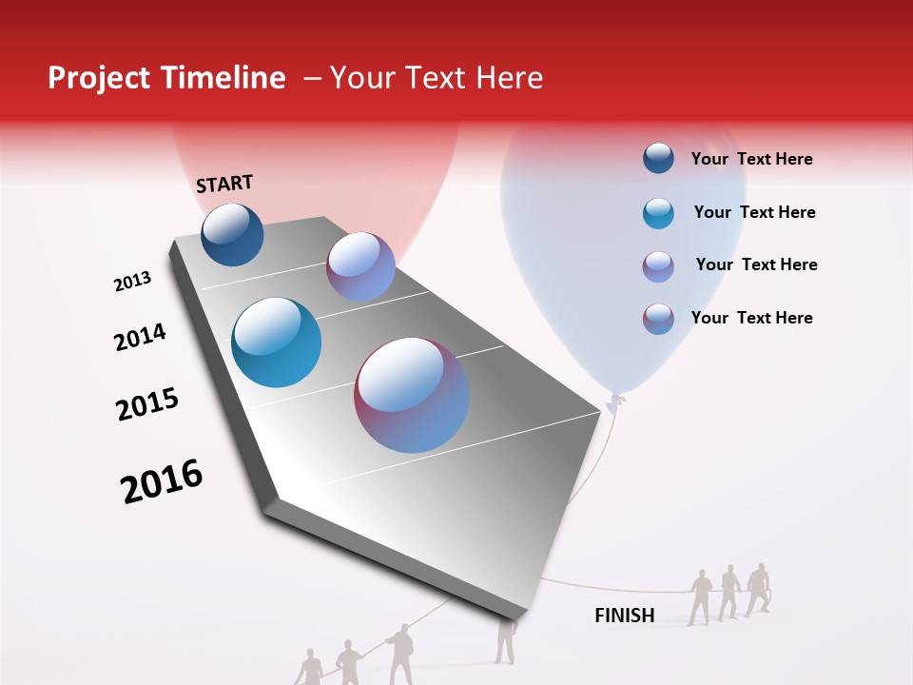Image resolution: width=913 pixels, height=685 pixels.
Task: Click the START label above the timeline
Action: click(x=224, y=184)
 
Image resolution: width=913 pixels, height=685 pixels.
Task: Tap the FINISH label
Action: click(x=625, y=616)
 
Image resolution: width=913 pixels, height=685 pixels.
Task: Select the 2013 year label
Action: click(x=132, y=282)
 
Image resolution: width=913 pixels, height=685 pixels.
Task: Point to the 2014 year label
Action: click(x=140, y=337)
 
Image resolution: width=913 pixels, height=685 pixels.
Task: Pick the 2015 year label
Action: click(x=147, y=403)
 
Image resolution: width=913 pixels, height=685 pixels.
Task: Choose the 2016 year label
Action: click(x=162, y=481)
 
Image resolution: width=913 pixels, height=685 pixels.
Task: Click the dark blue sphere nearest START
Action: click(x=232, y=234)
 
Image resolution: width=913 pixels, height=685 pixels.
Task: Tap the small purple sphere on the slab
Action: click(x=360, y=266)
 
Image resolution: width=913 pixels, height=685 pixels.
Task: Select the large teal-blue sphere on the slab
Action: click(x=276, y=342)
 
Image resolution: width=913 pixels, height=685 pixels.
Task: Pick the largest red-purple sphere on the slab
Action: click(x=412, y=395)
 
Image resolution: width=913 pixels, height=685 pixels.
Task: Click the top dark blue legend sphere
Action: click(x=658, y=159)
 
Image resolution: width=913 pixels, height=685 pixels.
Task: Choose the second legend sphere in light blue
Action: click(x=658, y=212)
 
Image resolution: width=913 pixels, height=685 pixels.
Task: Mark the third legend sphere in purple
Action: click(x=658, y=265)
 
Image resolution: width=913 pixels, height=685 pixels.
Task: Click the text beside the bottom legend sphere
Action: click(x=751, y=318)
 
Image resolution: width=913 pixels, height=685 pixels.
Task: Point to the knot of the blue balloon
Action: click(x=616, y=400)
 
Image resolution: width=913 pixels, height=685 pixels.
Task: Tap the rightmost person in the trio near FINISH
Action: click(x=758, y=589)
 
